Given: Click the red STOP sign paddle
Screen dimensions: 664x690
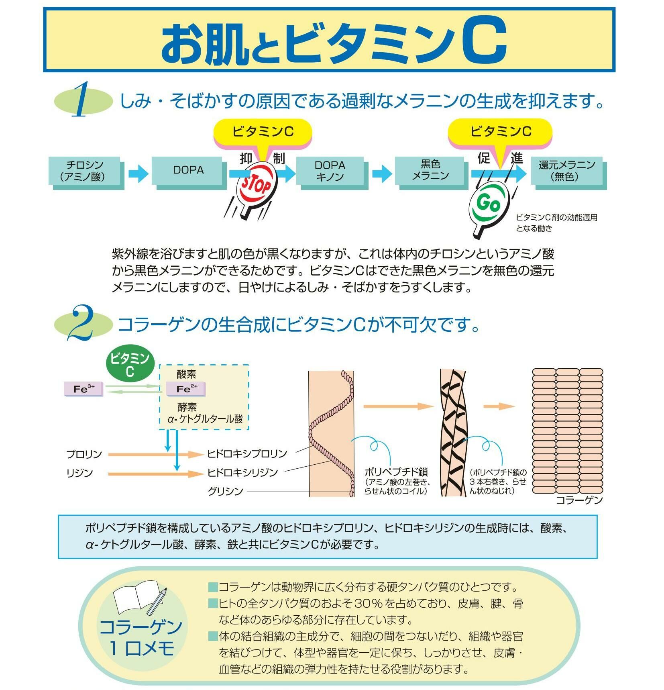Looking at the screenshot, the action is click(x=257, y=186).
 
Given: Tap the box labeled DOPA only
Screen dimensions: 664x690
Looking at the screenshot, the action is click(x=187, y=170).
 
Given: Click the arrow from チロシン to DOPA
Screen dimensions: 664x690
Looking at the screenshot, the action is click(x=138, y=174).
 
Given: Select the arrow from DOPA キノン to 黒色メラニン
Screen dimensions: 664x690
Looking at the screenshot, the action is click(x=381, y=174).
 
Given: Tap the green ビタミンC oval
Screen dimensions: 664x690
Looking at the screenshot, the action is click(x=129, y=364).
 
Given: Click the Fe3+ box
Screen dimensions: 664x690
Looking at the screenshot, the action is click(x=84, y=388).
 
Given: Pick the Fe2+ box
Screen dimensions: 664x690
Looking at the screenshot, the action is click(x=186, y=388).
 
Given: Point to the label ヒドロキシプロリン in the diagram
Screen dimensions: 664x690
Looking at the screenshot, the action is click(x=247, y=453).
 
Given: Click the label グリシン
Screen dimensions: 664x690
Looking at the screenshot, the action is click(x=225, y=491).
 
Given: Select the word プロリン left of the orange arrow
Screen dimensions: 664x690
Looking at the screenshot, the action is click(x=84, y=454).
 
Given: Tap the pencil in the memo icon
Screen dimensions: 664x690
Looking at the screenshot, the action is click(x=156, y=601).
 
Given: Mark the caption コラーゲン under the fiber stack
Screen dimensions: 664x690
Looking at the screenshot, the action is click(x=579, y=500).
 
